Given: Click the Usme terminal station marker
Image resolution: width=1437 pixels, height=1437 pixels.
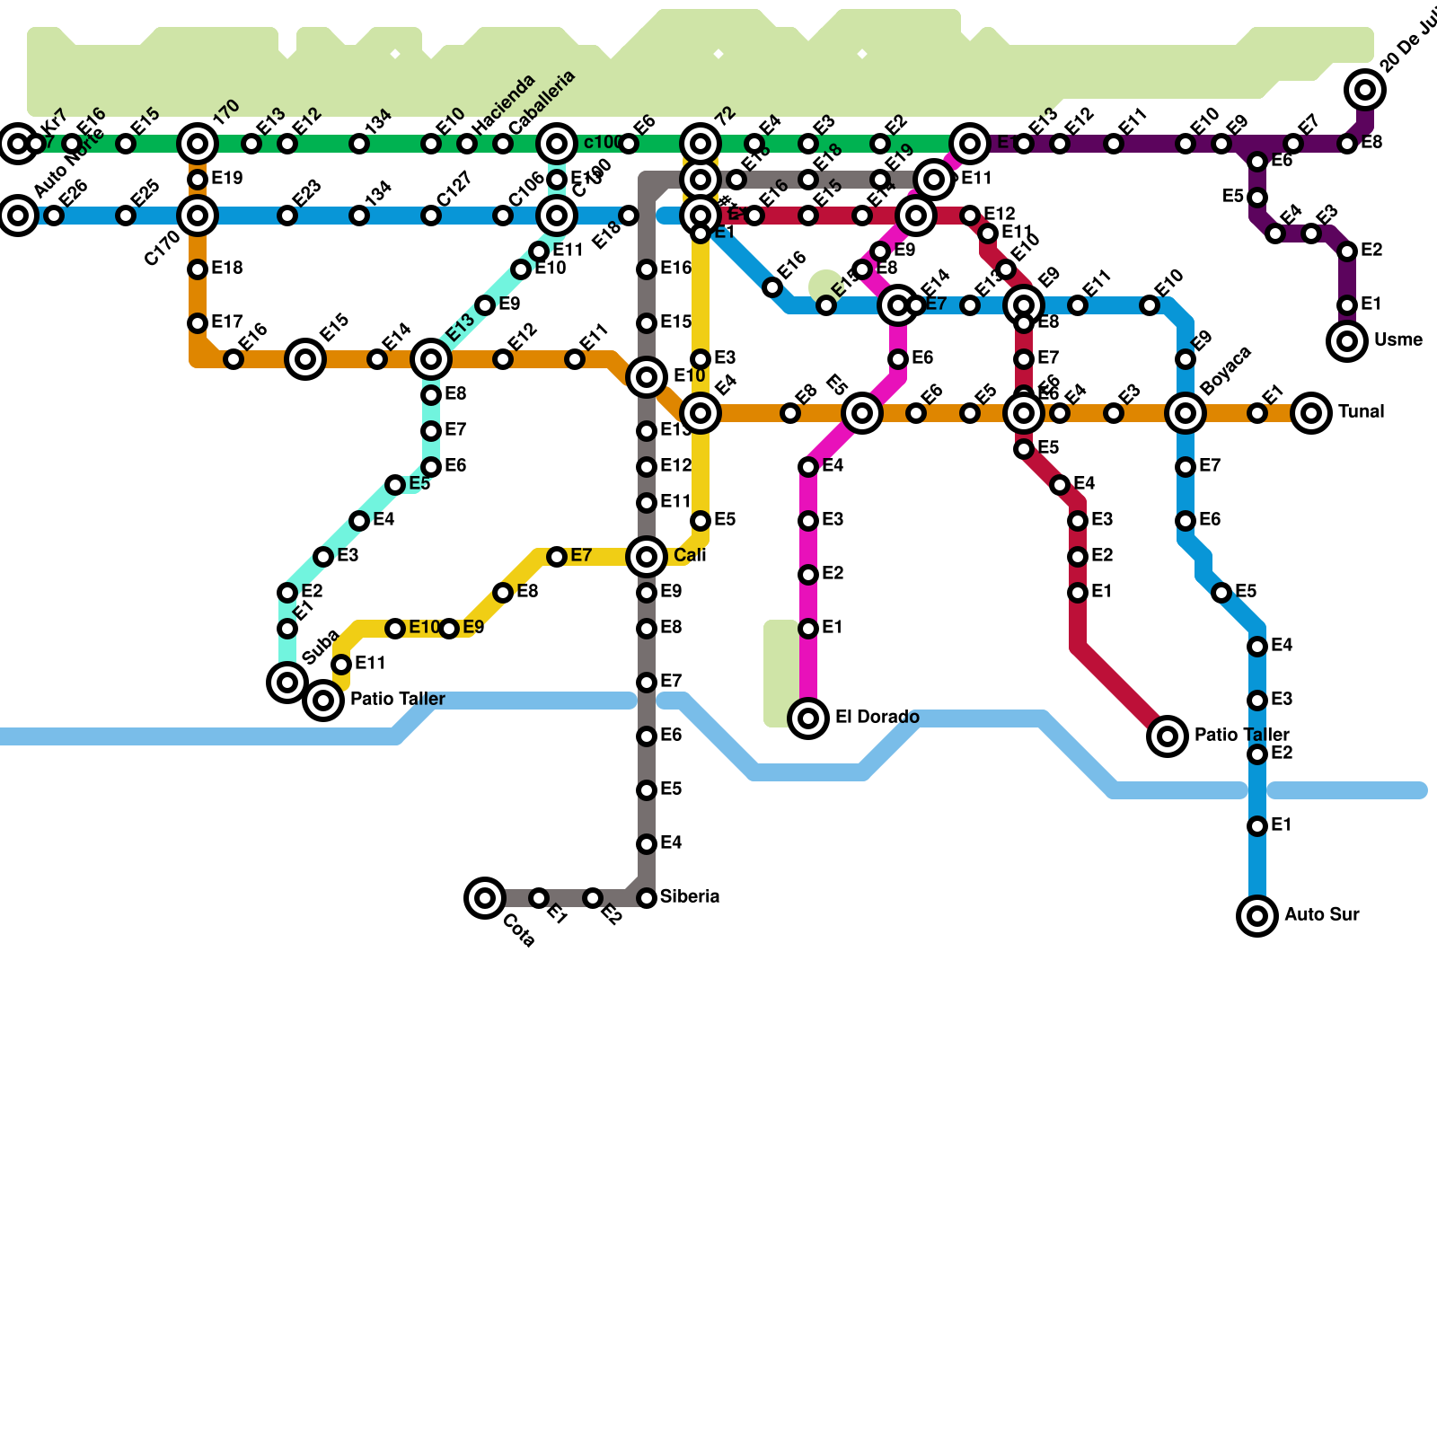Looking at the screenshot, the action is (1347, 341).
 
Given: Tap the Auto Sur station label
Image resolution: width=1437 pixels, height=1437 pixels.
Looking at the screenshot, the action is (1321, 915).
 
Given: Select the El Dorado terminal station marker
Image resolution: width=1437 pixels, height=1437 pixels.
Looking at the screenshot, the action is (808, 718).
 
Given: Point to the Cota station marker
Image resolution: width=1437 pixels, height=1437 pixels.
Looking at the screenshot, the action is (485, 897).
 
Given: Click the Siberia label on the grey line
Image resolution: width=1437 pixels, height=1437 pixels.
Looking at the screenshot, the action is (689, 897).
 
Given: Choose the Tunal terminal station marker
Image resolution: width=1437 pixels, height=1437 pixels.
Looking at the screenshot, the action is (1311, 413).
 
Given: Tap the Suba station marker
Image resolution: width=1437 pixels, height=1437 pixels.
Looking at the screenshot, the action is (287, 683).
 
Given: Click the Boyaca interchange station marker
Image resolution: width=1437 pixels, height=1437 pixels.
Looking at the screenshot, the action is (1186, 413).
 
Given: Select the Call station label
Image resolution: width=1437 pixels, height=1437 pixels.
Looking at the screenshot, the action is (690, 556).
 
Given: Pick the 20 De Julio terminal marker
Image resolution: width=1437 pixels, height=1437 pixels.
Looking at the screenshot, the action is (1365, 90).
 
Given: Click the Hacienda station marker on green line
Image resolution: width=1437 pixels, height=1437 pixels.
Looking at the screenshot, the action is (467, 144).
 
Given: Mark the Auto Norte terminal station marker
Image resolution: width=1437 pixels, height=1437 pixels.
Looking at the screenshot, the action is (18, 216).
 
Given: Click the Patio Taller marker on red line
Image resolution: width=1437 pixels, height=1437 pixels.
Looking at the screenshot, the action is (1168, 736).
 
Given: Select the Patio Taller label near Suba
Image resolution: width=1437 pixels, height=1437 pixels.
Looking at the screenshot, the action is (397, 700).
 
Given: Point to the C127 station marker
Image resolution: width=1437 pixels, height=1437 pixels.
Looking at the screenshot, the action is (431, 216).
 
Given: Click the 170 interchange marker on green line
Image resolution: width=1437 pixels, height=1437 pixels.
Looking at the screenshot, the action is (198, 144).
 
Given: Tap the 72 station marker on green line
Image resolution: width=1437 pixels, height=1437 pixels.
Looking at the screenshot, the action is (701, 144).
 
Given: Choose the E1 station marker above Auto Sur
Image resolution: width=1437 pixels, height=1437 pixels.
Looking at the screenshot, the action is (1257, 826).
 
